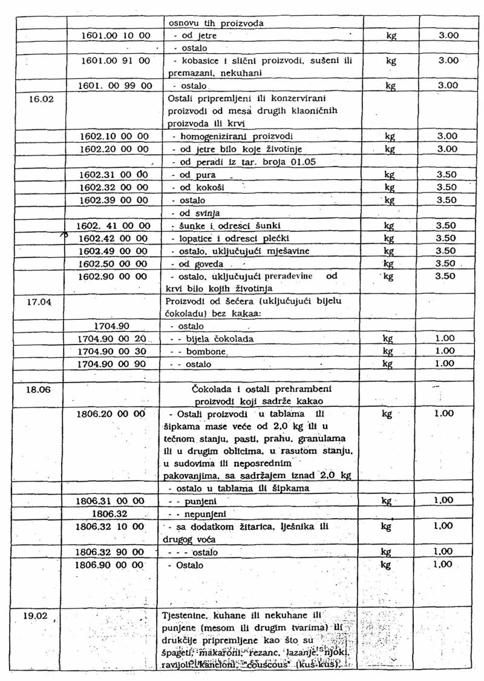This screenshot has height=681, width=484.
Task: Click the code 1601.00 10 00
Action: coord(116,36)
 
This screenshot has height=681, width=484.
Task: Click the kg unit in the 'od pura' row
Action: coord(390,175)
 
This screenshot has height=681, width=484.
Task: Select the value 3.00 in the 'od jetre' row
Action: coord(448,36)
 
